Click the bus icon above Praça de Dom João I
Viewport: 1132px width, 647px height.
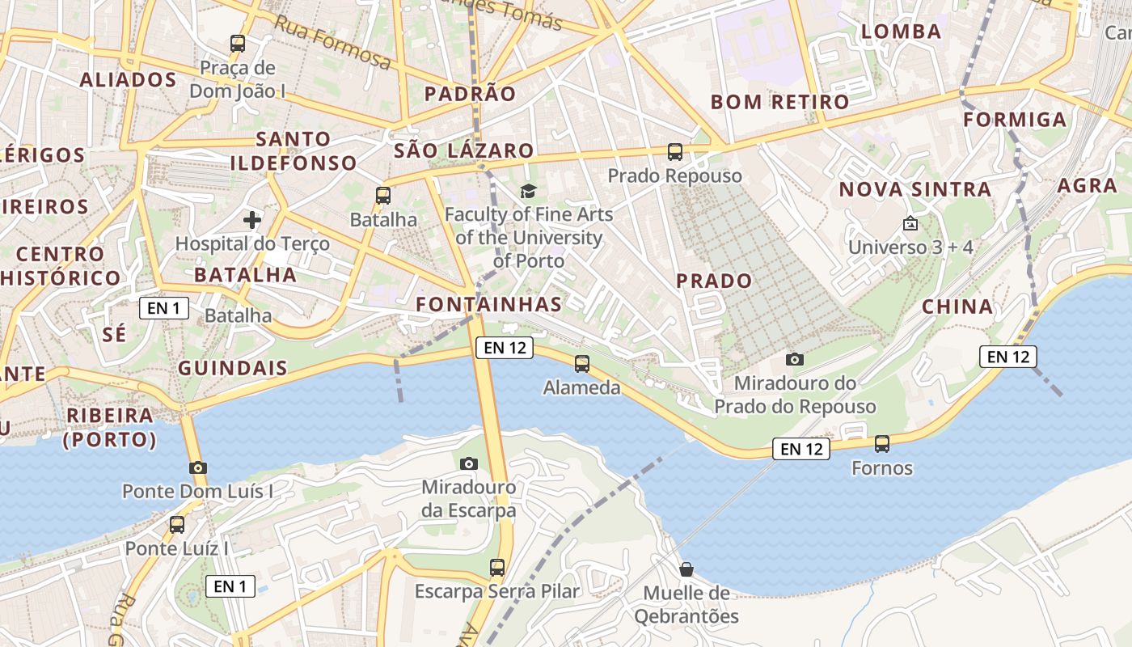tap(238, 44)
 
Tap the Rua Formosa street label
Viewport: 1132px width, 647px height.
tap(332, 41)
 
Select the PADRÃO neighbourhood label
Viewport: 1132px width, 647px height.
tap(470, 94)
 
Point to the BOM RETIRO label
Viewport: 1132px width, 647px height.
tap(779, 102)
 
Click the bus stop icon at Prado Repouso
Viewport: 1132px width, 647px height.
tap(675, 152)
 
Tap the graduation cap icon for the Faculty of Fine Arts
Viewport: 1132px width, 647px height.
tap(528, 191)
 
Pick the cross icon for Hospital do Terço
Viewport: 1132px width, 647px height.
tap(252, 219)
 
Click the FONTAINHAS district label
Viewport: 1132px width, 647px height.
tap(488, 304)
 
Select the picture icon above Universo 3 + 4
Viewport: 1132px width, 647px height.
tap(910, 223)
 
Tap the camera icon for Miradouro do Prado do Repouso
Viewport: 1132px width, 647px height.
tap(795, 359)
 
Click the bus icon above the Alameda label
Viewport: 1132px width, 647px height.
tap(582, 364)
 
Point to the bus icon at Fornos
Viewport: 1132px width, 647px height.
tap(882, 444)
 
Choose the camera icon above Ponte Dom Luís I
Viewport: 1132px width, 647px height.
tap(197, 467)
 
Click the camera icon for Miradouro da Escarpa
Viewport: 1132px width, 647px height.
tap(468, 463)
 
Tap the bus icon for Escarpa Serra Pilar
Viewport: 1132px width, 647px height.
tap(497, 568)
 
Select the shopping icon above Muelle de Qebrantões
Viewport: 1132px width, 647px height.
tap(686, 569)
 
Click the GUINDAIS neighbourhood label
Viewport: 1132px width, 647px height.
tap(233, 368)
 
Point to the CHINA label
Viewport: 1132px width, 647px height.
tap(957, 307)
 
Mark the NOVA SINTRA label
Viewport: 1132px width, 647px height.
tap(914, 190)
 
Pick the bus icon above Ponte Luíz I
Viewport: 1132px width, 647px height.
tap(177, 525)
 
